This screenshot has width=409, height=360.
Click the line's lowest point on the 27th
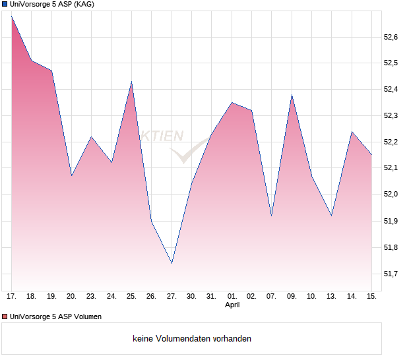[172, 263]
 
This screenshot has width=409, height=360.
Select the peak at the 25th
[131, 82]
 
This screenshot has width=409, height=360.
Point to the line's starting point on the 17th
[12, 16]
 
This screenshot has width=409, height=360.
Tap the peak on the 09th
[292, 95]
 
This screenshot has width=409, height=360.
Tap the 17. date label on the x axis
[12, 296]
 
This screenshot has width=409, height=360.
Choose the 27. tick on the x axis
[172, 296]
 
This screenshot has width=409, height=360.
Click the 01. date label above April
[232, 296]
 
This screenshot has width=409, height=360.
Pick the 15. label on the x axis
[371, 296]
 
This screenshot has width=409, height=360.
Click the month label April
[232, 305]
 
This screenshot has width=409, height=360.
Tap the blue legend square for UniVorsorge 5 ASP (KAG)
[5, 5]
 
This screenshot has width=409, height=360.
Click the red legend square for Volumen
[5, 317]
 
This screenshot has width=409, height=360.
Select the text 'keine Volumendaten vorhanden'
[192, 339]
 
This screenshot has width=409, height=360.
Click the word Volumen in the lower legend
[86, 317]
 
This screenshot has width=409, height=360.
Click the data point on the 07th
[272, 216]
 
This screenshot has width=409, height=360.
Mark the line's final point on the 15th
[371, 155]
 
